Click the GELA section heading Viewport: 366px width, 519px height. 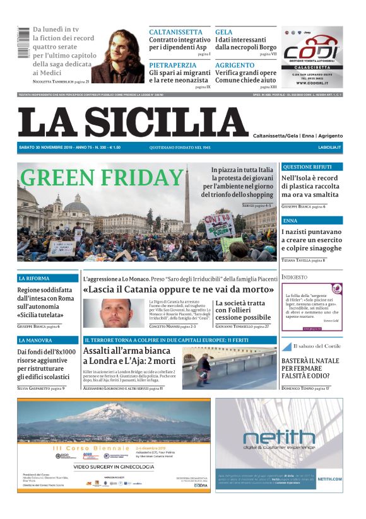coord(223,32)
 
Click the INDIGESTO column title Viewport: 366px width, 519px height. coord(295,277)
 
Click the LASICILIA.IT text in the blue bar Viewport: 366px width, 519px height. coord(329,147)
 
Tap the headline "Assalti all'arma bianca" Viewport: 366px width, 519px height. coord(129,351)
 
